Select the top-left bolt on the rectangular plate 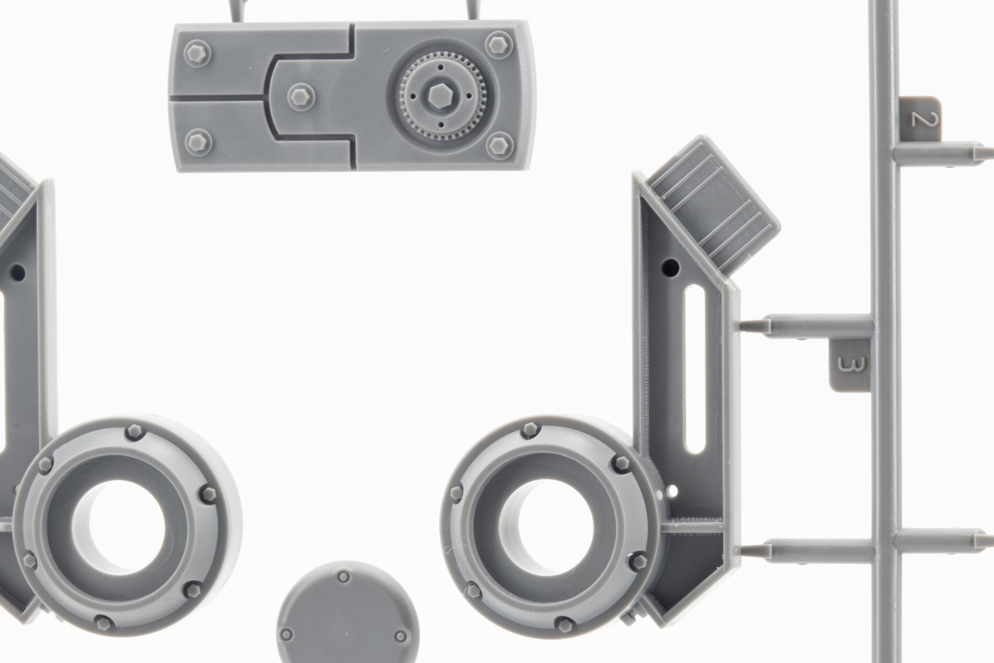point(198,53)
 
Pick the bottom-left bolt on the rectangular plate point(198,142)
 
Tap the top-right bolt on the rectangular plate point(499,45)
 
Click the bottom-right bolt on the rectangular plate point(500,145)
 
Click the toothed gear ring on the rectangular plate point(442,96)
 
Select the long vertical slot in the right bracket point(695,370)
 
